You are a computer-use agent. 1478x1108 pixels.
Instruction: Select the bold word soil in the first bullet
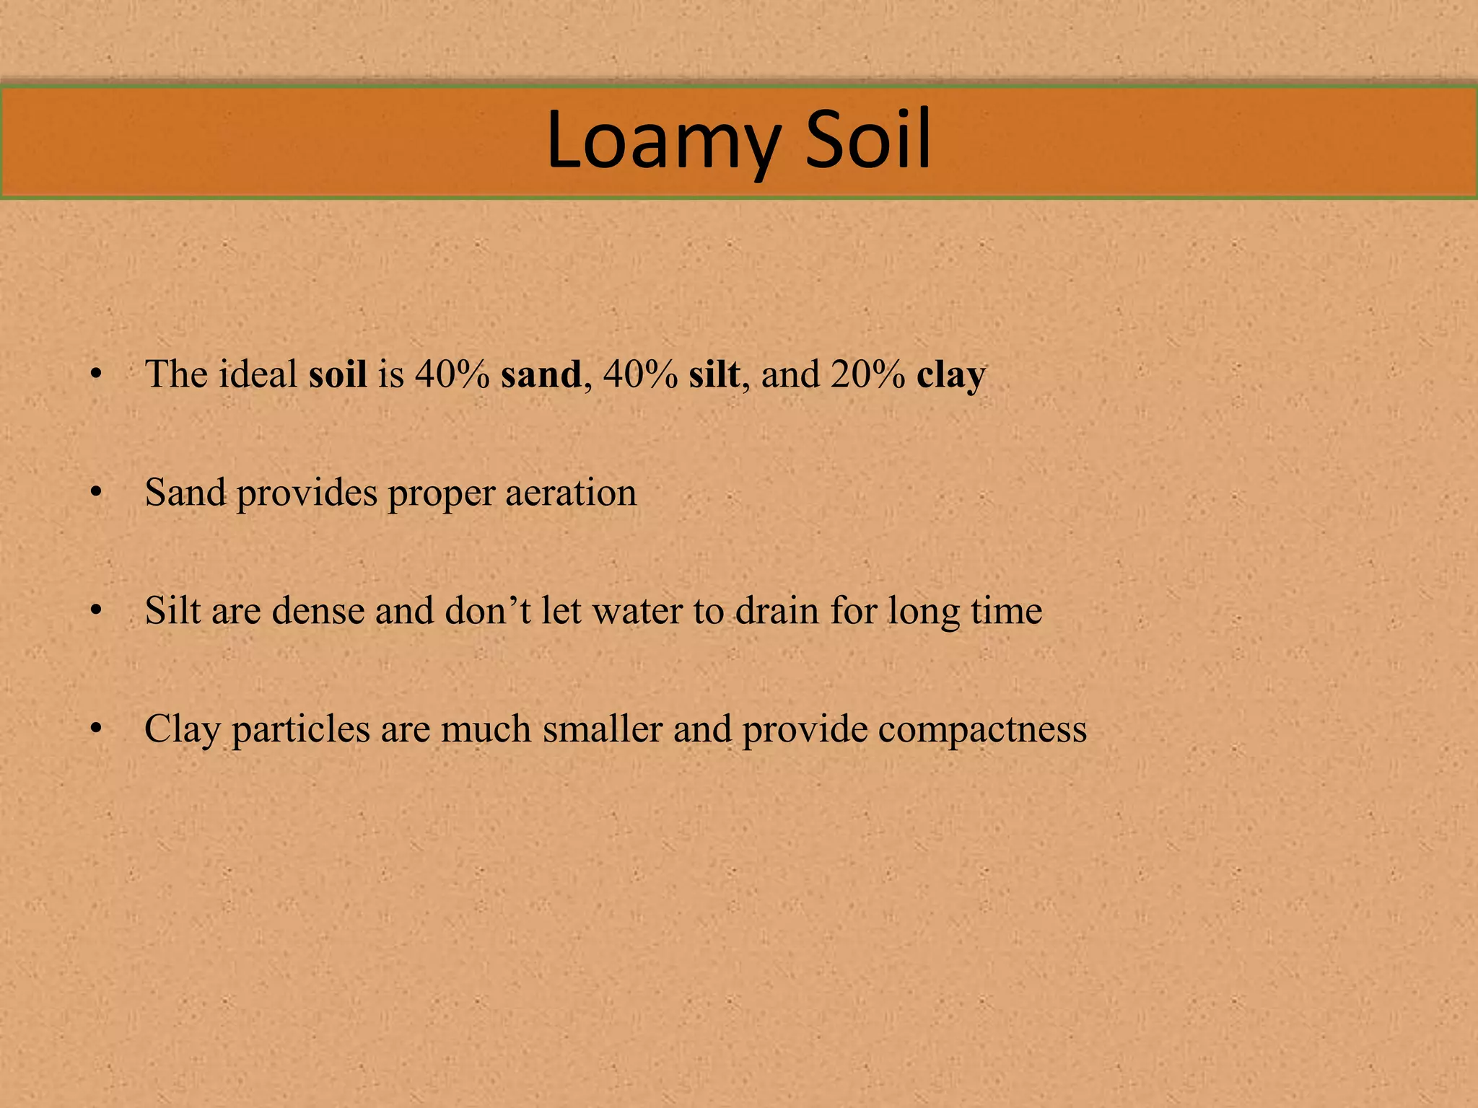pos(338,374)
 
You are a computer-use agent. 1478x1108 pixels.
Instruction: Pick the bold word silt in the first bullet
pos(714,374)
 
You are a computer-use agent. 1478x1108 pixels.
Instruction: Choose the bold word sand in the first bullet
pos(541,374)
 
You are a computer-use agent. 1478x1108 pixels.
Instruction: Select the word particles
pos(301,729)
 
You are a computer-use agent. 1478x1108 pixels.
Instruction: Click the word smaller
pos(603,729)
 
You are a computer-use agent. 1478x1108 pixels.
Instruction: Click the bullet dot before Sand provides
pos(95,493)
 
